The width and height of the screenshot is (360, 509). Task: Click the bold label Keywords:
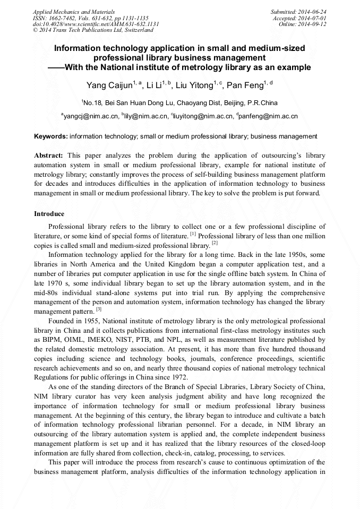pos(51,136)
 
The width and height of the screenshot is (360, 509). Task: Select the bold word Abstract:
pos(49,156)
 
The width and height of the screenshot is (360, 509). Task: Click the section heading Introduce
pos(49,214)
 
